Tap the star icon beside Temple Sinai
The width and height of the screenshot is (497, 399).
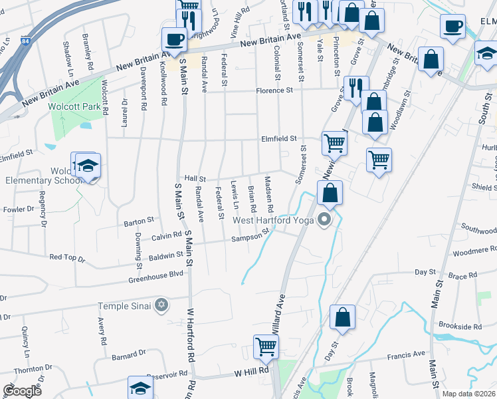[x=160, y=306]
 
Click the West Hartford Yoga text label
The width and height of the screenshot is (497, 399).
[x=273, y=219]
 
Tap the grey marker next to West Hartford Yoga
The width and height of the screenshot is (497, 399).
[x=325, y=219]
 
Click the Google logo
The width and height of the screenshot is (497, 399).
[x=22, y=390]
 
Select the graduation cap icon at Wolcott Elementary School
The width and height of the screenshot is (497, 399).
[x=87, y=167]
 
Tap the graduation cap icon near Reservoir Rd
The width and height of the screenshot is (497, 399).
[x=140, y=388]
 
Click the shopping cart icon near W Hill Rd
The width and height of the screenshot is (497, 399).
[x=266, y=346]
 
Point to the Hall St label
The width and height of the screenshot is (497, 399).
[x=195, y=179]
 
